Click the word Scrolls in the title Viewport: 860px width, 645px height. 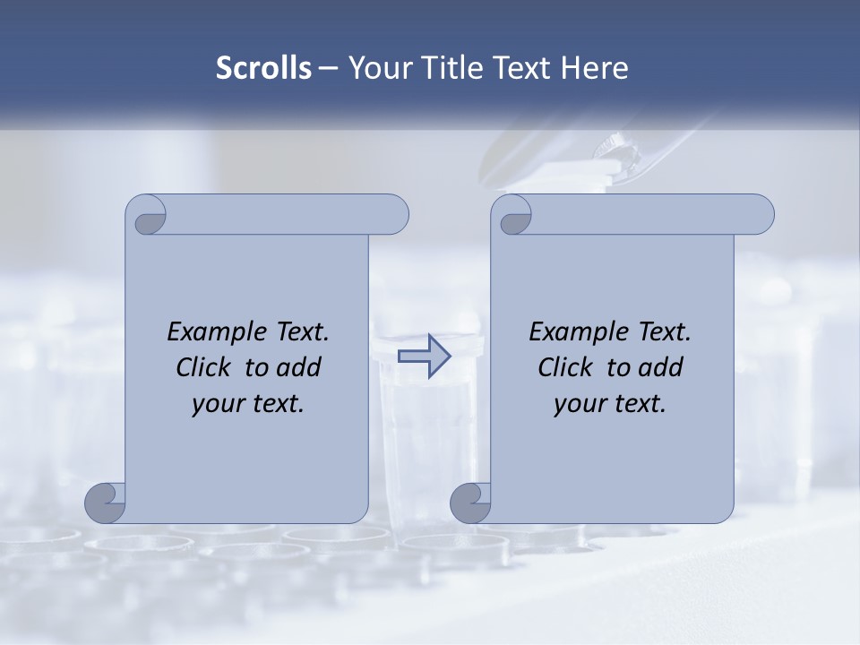[263, 68]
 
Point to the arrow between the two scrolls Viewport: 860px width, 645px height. [424, 357]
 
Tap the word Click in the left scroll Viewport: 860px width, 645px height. [203, 367]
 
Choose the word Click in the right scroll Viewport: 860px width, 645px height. [565, 367]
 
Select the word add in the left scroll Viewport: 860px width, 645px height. [301, 367]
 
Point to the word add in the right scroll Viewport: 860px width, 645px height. [663, 367]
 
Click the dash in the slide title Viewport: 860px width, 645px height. [328, 69]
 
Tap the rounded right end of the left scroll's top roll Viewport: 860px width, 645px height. [394, 215]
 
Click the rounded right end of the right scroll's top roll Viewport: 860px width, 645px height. [760, 215]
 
